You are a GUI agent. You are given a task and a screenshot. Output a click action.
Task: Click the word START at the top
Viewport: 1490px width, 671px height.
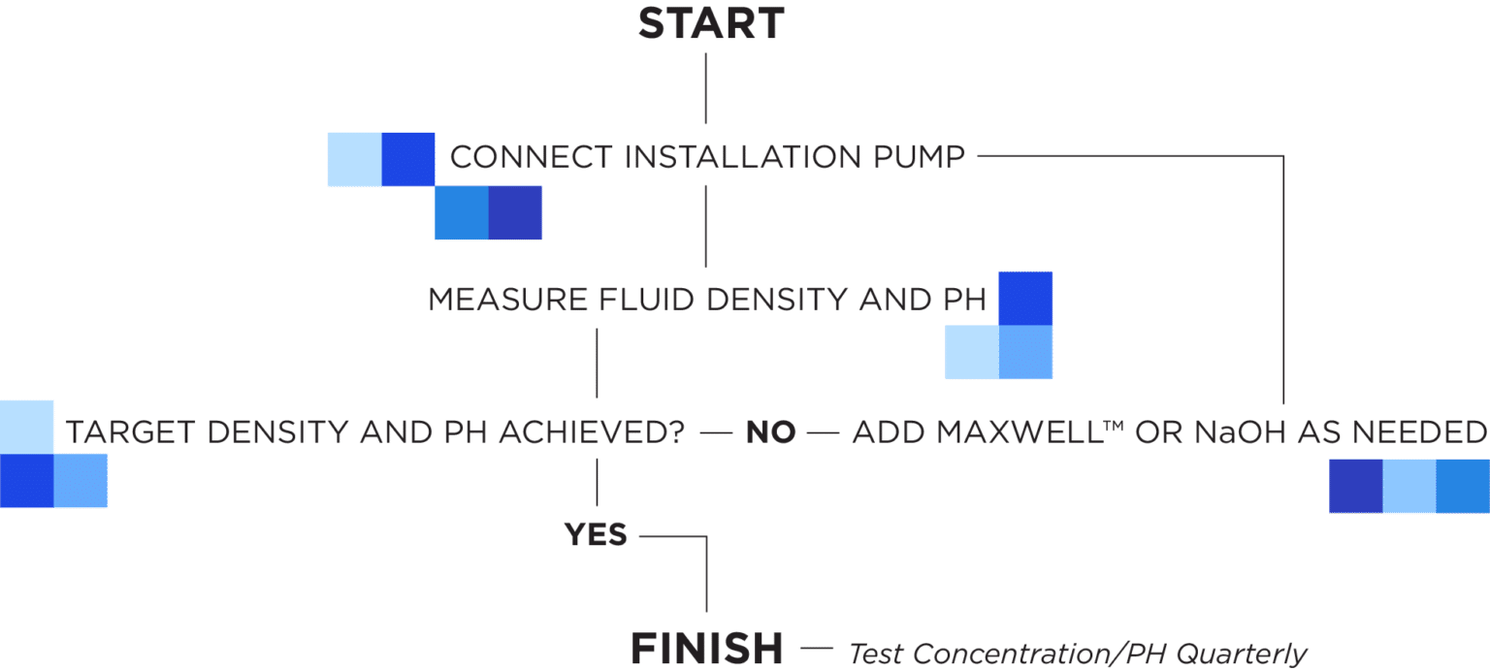[710, 24]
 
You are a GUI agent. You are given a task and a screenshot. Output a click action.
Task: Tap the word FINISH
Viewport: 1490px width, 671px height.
[707, 647]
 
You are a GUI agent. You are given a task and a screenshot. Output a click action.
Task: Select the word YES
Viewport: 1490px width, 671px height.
[596, 534]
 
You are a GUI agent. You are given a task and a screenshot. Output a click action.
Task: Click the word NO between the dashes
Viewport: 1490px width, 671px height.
[770, 433]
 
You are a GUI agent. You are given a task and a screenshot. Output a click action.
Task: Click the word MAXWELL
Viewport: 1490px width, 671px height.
[987, 433]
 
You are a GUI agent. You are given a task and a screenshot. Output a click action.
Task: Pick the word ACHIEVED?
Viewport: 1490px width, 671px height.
[592, 433]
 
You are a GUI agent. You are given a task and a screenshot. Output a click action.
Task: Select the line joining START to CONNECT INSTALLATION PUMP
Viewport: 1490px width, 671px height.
[706, 90]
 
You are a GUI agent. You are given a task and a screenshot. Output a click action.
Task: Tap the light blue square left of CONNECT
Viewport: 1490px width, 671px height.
[354, 159]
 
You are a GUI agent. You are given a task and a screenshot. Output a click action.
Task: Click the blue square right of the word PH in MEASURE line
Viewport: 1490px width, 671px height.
[1025, 299]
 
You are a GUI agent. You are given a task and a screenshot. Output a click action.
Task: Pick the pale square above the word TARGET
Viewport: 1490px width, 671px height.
[26, 426]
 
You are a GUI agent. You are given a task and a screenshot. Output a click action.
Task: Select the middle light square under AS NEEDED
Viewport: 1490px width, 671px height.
[1409, 486]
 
